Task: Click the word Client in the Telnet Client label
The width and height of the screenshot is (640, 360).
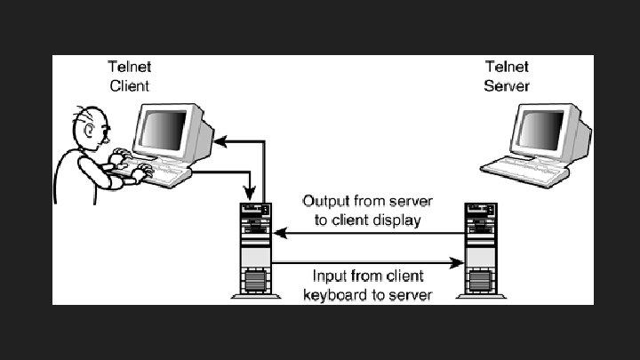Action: pyautogui.click(x=129, y=86)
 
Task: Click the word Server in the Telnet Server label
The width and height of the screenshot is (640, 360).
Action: pyautogui.click(x=507, y=86)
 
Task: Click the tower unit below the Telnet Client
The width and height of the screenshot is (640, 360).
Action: pyautogui.click(x=253, y=249)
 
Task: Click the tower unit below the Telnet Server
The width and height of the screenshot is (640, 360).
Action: pyautogui.click(x=481, y=249)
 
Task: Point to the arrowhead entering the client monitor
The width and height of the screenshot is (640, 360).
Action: pyautogui.click(x=223, y=140)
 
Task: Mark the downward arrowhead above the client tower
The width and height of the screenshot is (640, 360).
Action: pyautogui.click(x=252, y=196)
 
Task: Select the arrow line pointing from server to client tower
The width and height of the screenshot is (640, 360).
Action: pyautogui.click(x=369, y=234)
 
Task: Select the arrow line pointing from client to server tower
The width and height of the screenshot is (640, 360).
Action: pyautogui.click(x=369, y=262)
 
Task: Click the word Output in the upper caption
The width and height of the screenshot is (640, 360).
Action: pyautogui.click(x=323, y=202)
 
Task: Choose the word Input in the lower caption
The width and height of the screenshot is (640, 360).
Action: pyautogui.click(x=330, y=276)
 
